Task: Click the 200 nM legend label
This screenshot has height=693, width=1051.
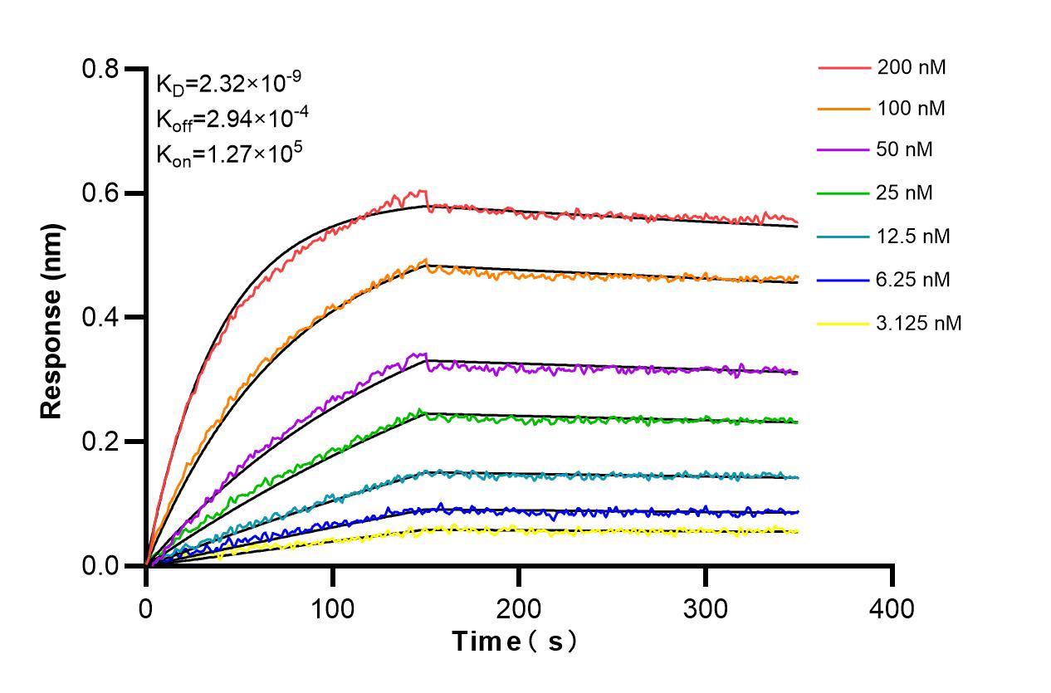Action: click(x=912, y=68)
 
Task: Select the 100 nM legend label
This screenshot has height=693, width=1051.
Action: click(x=912, y=108)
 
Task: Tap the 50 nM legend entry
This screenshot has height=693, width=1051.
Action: click(x=905, y=150)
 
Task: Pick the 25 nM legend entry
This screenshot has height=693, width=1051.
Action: click(x=905, y=193)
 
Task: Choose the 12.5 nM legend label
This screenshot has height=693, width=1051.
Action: click(x=913, y=237)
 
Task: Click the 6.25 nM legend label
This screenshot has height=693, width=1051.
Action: click(x=913, y=280)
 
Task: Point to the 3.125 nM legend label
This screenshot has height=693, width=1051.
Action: click(x=919, y=323)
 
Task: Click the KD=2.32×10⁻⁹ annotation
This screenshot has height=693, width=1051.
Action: click(x=228, y=83)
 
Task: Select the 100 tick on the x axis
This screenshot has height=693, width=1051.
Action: click(x=332, y=608)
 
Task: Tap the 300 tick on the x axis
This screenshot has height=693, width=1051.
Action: click(x=706, y=608)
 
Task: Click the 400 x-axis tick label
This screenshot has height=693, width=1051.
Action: click(x=892, y=608)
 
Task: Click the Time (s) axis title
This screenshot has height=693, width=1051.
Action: click(x=515, y=642)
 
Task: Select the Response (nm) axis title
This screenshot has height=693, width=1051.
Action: click(x=52, y=318)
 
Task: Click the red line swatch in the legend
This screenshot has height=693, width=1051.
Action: click(x=842, y=68)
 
